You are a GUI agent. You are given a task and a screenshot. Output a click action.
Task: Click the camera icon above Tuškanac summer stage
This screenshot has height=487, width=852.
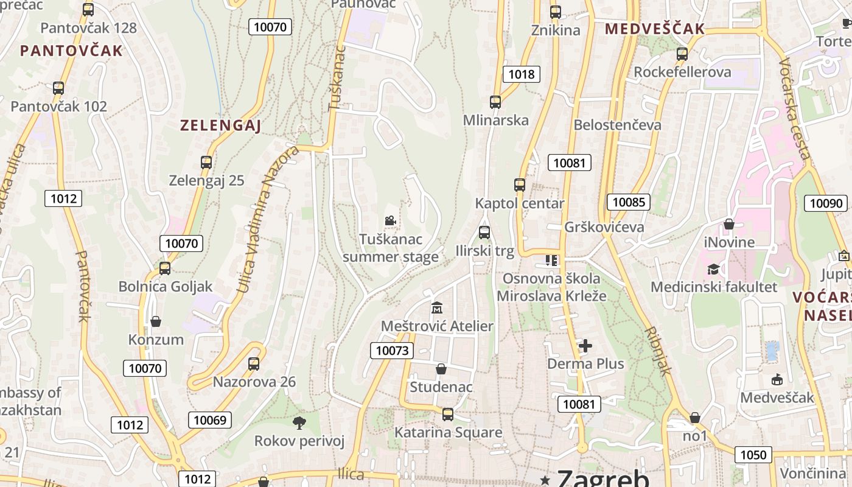click(390, 220)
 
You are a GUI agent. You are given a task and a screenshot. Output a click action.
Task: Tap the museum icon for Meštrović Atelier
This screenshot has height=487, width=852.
click(436, 308)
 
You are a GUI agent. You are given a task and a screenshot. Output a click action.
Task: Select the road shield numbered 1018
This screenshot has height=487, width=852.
click(522, 74)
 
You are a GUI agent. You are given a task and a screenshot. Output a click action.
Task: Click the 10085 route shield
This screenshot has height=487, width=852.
click(629, 202)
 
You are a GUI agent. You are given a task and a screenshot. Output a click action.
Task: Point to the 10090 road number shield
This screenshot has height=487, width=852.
click(826, 203)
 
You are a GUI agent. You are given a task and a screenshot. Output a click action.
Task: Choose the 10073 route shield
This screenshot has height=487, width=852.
click(392, 350)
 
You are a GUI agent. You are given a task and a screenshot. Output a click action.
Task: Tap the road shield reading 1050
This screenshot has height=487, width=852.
click(753, 454)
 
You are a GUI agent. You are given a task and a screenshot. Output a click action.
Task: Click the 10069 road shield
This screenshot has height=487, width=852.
click(210, 419)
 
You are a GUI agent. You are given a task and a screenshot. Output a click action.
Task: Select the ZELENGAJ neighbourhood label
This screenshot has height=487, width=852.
click(220, 126)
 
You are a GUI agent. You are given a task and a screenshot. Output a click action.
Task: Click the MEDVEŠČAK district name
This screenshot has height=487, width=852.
click(654, 29)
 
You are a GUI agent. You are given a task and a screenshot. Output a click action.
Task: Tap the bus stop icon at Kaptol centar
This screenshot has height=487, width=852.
click(520, 185)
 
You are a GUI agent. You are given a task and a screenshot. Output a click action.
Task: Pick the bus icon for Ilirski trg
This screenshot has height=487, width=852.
click(484, 233)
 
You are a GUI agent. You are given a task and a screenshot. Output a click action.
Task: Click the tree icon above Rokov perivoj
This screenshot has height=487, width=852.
click(299, 422)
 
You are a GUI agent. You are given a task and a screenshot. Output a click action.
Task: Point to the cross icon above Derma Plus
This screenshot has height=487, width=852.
click(585, 346)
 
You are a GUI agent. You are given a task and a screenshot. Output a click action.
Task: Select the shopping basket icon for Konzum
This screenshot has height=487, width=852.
click(156, 321)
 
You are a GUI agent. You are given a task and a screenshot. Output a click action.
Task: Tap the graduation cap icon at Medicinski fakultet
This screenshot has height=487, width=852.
click(713, 269)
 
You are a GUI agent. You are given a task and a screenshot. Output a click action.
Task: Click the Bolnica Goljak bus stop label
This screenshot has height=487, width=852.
click(166, 286)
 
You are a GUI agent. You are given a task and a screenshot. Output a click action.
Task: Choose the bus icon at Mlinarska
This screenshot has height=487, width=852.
click(495, 102)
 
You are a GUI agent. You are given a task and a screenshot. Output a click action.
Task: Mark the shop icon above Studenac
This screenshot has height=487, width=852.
click(441, 369)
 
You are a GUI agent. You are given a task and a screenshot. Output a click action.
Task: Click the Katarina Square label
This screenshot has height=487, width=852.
click(449, 432)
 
